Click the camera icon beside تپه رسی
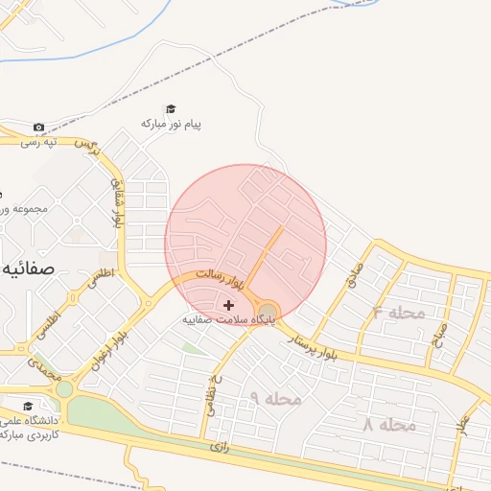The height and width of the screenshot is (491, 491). tap(38, 128)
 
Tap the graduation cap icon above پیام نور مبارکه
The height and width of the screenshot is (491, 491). tap(171, 109)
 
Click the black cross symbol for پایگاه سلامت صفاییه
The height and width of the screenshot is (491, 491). tap(227, 304)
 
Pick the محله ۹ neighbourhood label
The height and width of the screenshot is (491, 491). tap(275, 397)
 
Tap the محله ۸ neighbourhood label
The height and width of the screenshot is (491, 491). tap(389, 424)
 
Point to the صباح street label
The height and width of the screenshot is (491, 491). tap(442, 335)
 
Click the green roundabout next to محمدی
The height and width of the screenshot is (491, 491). tap(64, 389)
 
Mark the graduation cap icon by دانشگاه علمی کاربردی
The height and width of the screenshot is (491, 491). tap(27, 406)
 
